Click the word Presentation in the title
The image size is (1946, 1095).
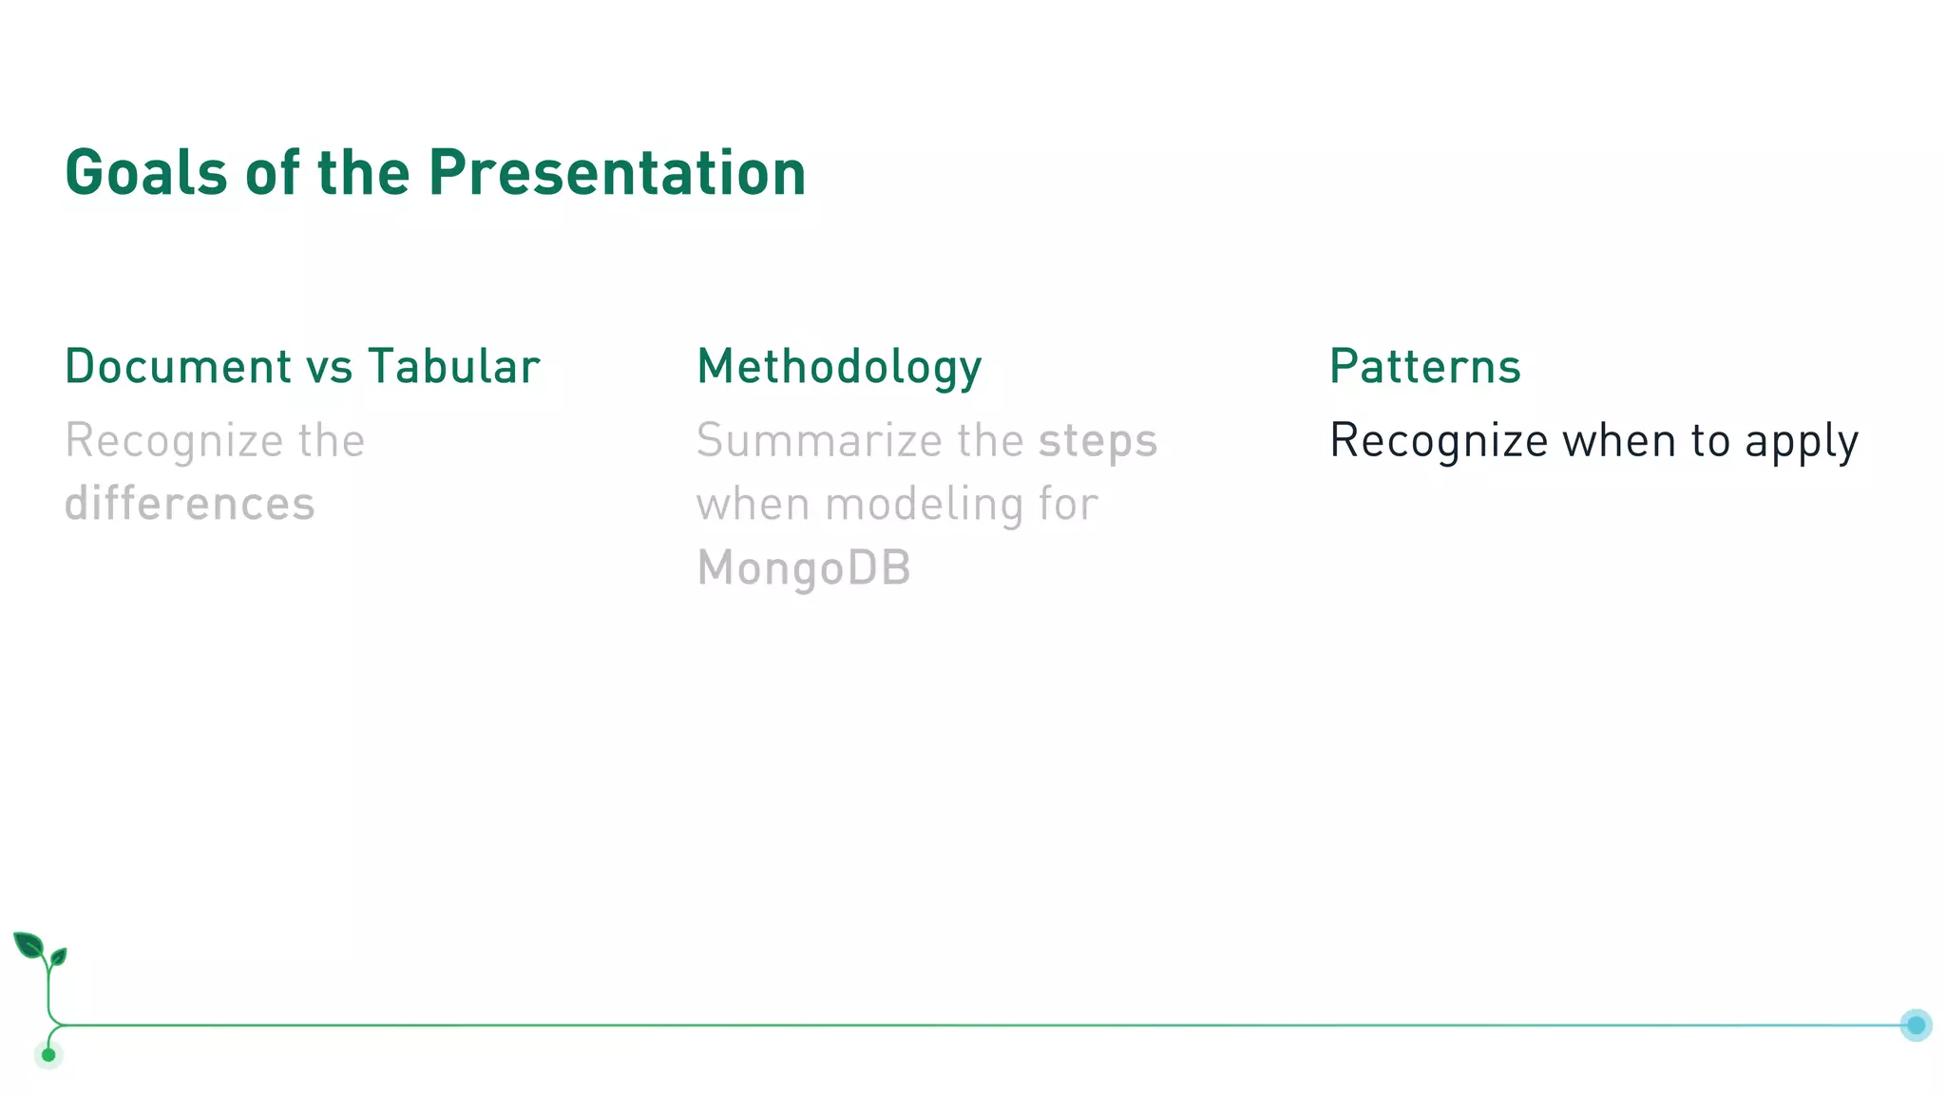[x=617, y=173]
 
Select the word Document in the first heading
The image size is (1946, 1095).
[x=179, y=367]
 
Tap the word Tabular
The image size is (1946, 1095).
[x=454, y=367]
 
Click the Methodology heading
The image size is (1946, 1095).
[x=839, y=368]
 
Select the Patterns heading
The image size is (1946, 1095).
[x=1424, y=367]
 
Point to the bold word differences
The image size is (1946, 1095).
[x=189, y=504]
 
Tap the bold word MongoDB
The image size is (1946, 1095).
[x=804, y=568]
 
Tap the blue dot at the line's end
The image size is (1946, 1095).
[x=1916, y=1025]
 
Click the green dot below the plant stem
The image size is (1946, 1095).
[x=48, y=1055]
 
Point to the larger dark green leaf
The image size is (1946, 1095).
[x=29, y=946]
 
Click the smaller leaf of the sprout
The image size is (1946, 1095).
[x=59, y=956]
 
